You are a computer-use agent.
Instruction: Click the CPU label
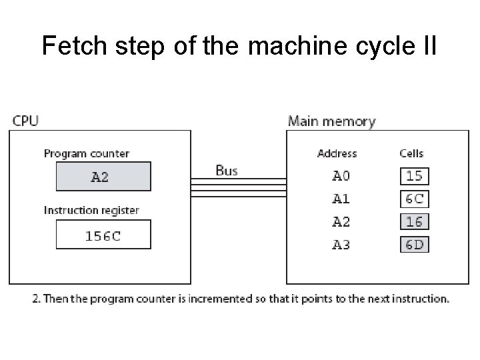(x=25, y=121)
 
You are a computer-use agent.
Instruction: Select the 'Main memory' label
(x=331, y=121)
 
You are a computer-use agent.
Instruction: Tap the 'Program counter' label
(x=87, y=154)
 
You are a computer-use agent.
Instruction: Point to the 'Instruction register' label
(x=91, y=211)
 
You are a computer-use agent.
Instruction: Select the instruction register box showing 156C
(x=103, y=235)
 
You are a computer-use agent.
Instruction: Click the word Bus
(x=226, y=171)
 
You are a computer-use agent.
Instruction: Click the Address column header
(x=337, y=154)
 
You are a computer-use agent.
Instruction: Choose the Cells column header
(x=411, y=154)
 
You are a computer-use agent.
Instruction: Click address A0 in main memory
(x=341, y=177)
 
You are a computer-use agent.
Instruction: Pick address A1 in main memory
(x=341, y=199)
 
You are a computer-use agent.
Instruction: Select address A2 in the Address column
(x=341, y=222)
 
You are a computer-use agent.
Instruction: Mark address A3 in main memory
(x=341, y=245)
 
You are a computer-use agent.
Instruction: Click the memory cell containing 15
(x=414, y=177)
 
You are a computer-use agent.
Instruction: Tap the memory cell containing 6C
(x=414, y=199)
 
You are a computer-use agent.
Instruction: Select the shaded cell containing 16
(x=414, y=222)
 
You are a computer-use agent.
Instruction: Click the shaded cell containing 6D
(x=414, y=245)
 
